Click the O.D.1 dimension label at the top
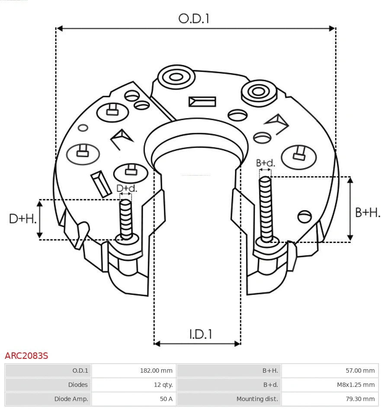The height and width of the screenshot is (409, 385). pyautogui.click(x=194, y=19)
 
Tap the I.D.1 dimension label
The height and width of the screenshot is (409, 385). pyautogui.click(x=200, y=334)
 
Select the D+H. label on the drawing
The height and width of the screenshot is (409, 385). pyautogui.click(x=22, y=219)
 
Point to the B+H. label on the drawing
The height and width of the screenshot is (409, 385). pyautogui.click(x=367, y=212)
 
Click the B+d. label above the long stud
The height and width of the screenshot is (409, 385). pyautogui.click(x=265, y=163)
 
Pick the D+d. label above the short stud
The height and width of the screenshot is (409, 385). pyautogui.click(x=127, y=189)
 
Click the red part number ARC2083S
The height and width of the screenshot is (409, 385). pyautogui.click(x=26, y=356)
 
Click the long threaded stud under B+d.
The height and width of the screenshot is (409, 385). pyautogui.click(x=265, y=208)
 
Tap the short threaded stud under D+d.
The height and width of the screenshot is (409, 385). pyautogui.click(x=126, y=218)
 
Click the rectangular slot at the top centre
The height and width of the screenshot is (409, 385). pyautogui.click(x=202, y=102)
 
